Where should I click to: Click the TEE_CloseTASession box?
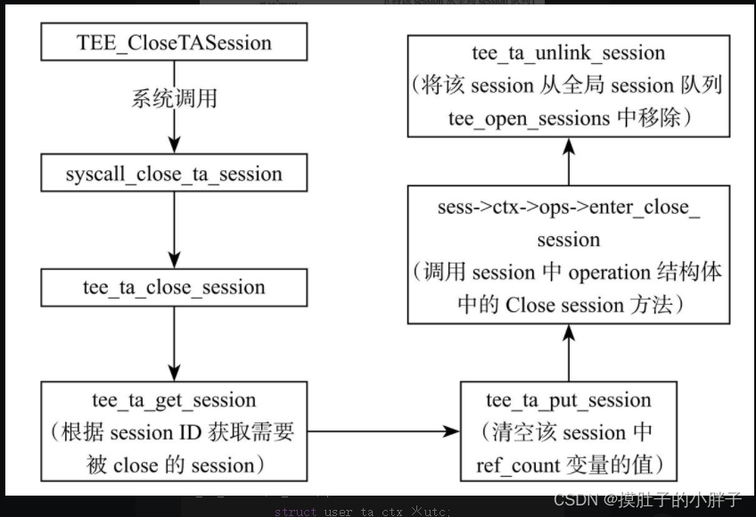[x=174, y=43]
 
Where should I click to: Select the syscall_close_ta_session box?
[x=174, y=173]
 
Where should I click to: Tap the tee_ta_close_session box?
[x=174, y=288]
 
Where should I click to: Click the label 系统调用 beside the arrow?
[x=174, y=97]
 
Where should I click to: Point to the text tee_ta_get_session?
[x=174, y=400]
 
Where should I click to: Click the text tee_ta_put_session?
[x=569, y=400]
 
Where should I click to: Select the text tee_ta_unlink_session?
[x=569, y=53]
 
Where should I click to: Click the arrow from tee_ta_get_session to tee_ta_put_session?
[x=383, y=432]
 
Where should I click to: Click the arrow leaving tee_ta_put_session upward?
[x=569, y=352]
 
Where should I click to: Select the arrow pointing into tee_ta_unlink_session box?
[x=569, y=160]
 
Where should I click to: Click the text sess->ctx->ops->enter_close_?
[x=569, y=208]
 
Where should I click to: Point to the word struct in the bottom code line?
[x=294, y=511]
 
